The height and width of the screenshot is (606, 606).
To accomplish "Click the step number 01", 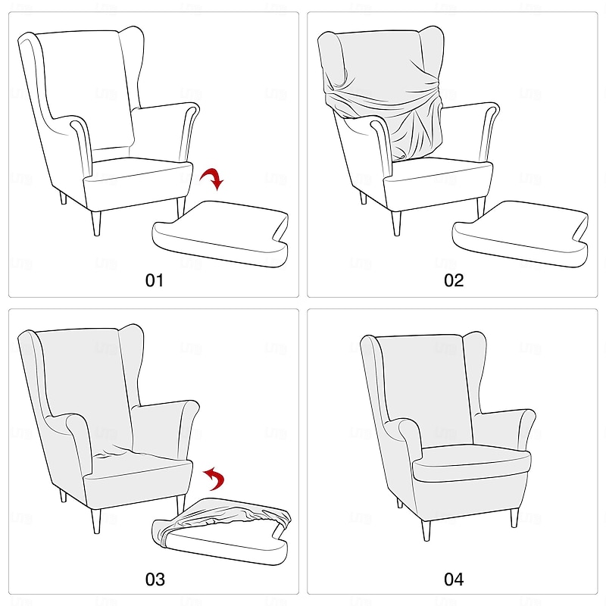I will (155, 280).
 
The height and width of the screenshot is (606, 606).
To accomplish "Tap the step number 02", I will (453, 280).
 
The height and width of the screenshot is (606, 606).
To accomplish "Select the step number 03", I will (155, 579).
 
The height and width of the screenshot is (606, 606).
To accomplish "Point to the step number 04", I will (453, 579).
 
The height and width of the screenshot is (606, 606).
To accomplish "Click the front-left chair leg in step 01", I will (95, 223).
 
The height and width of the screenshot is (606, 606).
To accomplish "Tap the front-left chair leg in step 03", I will (95, 521).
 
